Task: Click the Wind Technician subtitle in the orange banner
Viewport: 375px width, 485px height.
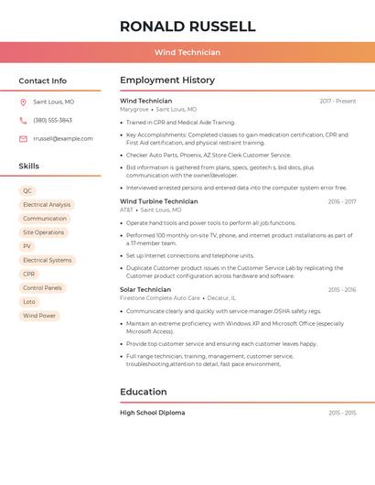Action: coord(187,52)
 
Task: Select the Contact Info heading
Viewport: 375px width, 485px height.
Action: coord(43,81)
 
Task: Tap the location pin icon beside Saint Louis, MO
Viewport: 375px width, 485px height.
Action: coord(23,102)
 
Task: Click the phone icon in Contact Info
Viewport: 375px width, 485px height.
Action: coord(23,121)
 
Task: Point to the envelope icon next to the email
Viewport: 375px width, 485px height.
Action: coord(23,139)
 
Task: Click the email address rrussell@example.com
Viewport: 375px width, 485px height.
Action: coord(63,139)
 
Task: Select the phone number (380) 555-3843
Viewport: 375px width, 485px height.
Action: coord(52,121)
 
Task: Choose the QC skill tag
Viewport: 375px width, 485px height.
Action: coord(27,191)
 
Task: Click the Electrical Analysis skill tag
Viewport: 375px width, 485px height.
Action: coord(47,205)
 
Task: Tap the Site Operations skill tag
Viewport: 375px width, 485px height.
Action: coord(44,232)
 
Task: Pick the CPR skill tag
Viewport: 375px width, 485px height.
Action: coord(29,274)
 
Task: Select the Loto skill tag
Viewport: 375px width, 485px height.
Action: coord(29,301)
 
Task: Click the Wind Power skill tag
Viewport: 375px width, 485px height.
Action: coord(39,316)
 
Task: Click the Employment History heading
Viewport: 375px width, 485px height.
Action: coord(167,81)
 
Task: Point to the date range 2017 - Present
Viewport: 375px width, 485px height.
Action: coord(337,101)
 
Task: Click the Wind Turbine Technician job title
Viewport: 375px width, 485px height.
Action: coord(158,201)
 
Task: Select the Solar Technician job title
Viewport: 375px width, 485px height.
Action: coord(145,289)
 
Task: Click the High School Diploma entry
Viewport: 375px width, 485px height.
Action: coord(153,413)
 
